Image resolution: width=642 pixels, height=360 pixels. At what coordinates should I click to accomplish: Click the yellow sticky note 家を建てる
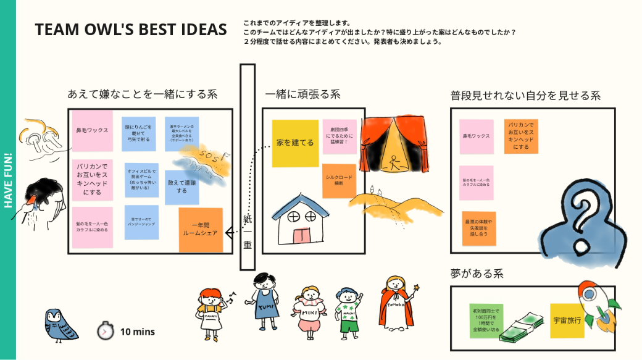pyautogui.click(x=295, y=143)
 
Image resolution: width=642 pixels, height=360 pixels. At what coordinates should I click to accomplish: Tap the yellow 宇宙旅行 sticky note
pyautogui.click(x=567, y=321)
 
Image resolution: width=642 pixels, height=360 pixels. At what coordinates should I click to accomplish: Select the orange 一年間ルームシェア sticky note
pyautogui.click(x=201, y=230)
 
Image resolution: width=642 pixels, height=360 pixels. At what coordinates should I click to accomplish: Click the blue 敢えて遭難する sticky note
pyautogui.click(x=182, y=186)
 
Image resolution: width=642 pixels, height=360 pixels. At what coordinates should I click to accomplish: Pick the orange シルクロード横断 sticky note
pyautogui.click(x=339, y=181)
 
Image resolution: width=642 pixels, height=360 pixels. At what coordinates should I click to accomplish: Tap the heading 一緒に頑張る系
pyautogui.click(x=302, y=94)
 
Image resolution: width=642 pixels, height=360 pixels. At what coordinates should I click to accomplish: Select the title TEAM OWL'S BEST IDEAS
pyautogui.click(x=131, y=30)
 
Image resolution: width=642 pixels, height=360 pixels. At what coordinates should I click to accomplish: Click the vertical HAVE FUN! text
pyautogui.click(x=8, y=180)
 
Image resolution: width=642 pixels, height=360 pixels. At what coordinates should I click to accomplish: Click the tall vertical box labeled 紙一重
pyautogui.click(x=248, y=167)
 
